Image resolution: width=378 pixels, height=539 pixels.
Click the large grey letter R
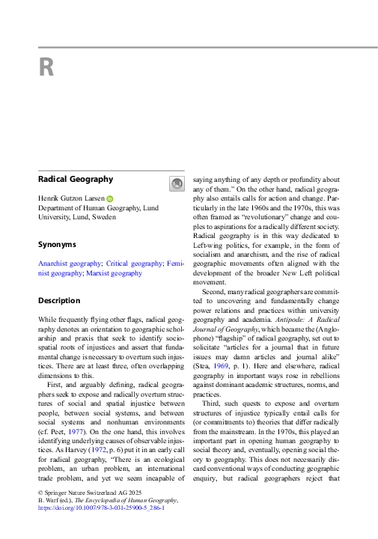point(46,68)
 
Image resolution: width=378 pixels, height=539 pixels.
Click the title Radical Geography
point(76,180)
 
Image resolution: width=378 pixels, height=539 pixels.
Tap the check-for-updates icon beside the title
point(177,183)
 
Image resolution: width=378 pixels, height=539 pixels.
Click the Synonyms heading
point(57,244)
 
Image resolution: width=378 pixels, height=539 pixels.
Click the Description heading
point(59,301)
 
